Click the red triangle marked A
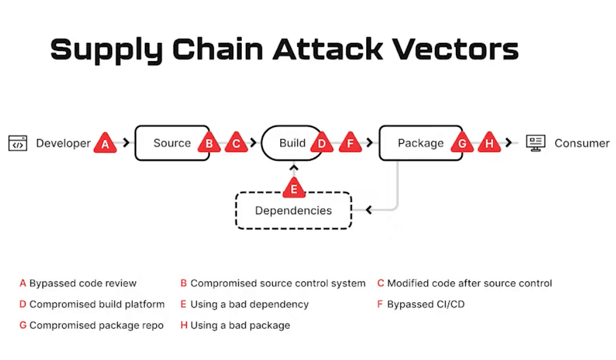(x=105, y=144)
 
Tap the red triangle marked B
(x=209, y=144)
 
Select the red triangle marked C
(x=236, y=144)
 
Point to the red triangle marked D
(x=322, y=144)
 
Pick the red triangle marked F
(x=350, y=144)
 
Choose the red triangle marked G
(x=462, y=144)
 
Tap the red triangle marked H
(x=490, y=144)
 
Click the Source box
(x=170, y=143)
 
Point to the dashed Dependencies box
(x=293, y=211)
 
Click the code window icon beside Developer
(x=18, y=143)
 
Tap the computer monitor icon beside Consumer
(x=535, y=143)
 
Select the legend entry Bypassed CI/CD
(x=425, y=305)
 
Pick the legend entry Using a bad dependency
(x=249, y=305)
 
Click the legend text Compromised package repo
(x=96, y=325)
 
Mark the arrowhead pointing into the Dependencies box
(x=368, y=211)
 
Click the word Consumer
(x=581, y=143)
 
